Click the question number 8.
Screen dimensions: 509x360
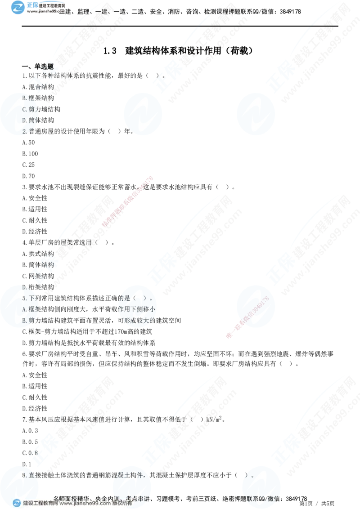pyautogui.click(x=24, y=475)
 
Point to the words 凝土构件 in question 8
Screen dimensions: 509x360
pyautogui.click(x=132, y=475)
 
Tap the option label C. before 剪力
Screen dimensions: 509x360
pyautogui.click(x=25, y=109)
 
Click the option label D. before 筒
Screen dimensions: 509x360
pyautogui.click(x=25, y=120)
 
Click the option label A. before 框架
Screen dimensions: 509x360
pyautogui.click(x=25, y=309)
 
